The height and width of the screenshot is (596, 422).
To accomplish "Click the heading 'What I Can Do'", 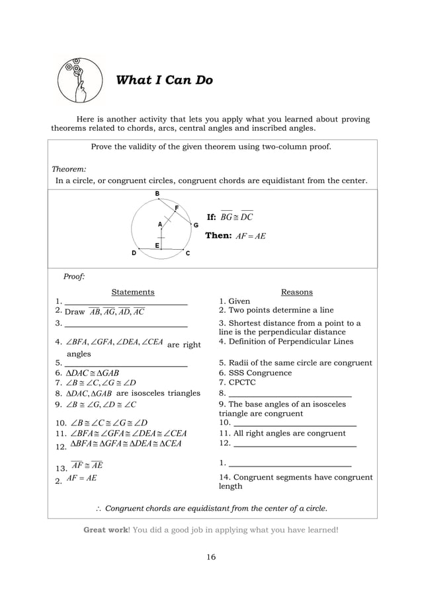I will pyautogui.click(x=164, y=81).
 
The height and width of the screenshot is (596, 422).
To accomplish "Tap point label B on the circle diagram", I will pyautogui.click(x=157, y=193).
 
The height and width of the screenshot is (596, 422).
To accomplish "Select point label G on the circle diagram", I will pyautogui.click(x=196, y=225).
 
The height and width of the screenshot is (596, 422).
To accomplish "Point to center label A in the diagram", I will pyautogui.click(x=159, y=224).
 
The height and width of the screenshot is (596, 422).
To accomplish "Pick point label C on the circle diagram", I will pyautogui.click(x=188, y=253).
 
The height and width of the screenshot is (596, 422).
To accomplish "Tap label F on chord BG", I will pyautogui.click(x=177, y=207).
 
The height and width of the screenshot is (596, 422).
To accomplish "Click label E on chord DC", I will pyautogui.click(x=157, y=245).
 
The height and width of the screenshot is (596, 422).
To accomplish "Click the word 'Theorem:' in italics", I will pyautogui.click(x=69, y=168).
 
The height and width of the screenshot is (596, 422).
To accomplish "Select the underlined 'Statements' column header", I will pyautogui.click(x=132, y=291).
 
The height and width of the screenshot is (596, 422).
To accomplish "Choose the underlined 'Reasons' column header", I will pyautogui.click(x=296, y=291).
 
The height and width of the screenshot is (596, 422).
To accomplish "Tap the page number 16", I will pyautogui.click(x=210, y=557).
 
